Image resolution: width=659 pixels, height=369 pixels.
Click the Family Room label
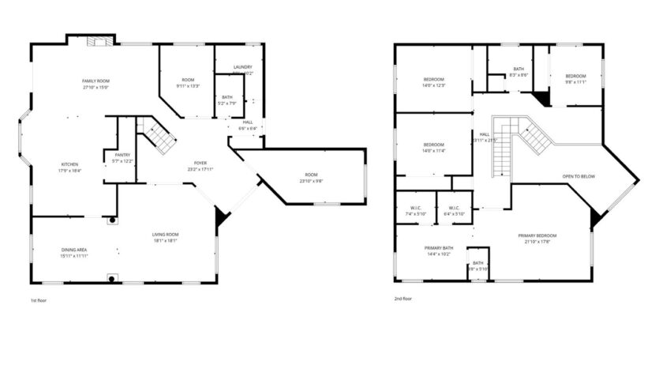[x=96, y=81]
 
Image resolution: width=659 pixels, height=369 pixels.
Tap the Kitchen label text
[x=69, y=164]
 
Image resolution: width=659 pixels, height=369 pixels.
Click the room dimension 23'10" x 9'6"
[x=311, y=180]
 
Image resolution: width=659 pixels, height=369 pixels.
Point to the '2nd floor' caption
[x=403, y=299]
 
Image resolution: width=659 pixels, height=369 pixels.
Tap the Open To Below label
[x=578, y=176]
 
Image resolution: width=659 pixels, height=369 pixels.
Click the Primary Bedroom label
[x=537, y=235]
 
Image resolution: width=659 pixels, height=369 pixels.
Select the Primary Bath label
[x=438, y=248]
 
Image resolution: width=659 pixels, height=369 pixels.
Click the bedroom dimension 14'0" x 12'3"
[x=434, y=85]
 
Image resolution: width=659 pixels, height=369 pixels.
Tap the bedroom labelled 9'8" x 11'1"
[x=575, y=81]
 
